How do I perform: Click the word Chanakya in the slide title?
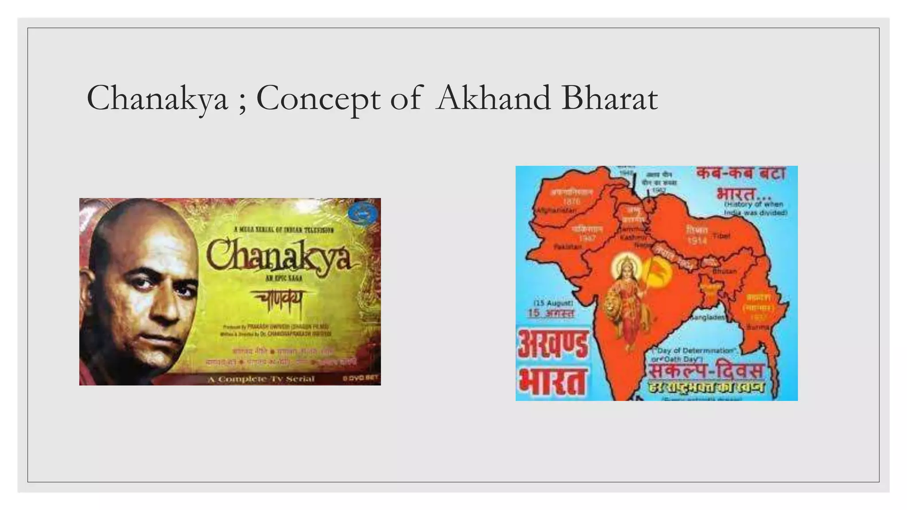tap(157, 98)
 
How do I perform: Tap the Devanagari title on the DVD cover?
tap(278, 301)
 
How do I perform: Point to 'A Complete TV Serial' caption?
tap(261, 379)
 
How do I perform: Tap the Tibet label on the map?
tap(721, 236)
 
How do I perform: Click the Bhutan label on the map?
tap(725, 271)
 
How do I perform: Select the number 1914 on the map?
tap(697, 241)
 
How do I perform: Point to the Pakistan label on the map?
tap(567, 246)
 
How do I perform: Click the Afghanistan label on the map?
tap(556, 211)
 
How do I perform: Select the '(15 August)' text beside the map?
tap(553, 303)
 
